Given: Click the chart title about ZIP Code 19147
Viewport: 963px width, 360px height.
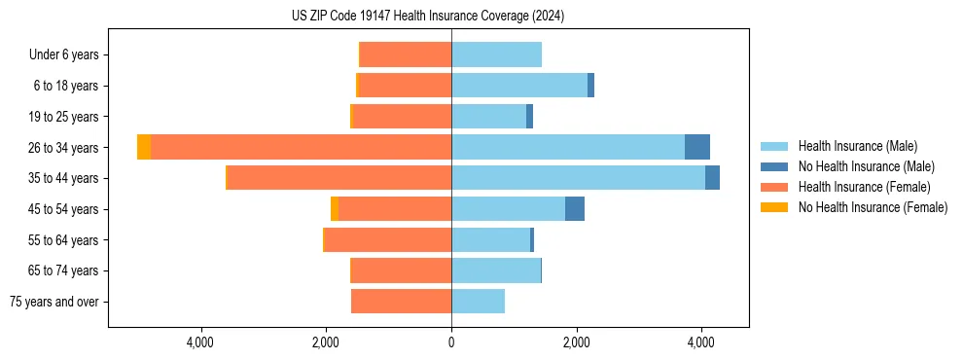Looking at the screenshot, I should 428,17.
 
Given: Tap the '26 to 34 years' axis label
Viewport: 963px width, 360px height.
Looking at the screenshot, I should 64,148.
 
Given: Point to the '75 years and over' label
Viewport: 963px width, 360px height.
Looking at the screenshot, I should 54,303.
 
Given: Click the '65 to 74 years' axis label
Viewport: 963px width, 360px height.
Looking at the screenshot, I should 64,271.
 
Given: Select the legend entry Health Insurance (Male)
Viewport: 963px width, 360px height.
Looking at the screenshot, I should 857,146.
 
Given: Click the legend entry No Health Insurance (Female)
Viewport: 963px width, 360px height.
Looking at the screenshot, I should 873,207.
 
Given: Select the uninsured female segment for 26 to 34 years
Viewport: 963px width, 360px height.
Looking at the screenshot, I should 144,147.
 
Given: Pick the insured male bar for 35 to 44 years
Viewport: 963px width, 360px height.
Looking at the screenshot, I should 578,178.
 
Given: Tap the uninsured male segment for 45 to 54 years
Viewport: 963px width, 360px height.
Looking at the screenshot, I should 575,209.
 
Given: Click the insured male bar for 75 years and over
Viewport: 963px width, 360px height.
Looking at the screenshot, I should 478,302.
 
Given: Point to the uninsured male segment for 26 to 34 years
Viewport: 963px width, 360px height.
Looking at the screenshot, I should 697,147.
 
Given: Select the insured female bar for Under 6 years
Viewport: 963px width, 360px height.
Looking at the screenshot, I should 406,54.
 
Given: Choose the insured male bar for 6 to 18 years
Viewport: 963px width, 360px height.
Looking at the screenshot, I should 519,86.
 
